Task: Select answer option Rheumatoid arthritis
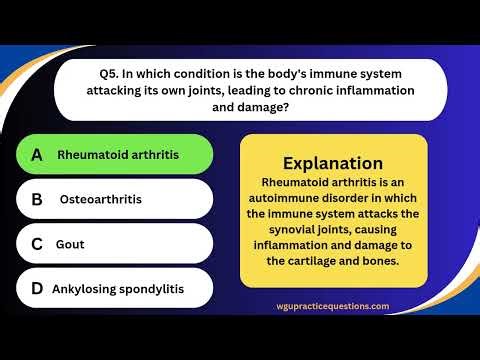coord(118,155)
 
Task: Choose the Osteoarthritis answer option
coord(101,199)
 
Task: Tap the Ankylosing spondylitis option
coord(118,288)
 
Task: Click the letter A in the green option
coord(37,155)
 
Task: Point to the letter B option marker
coord(37,199)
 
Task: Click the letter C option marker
coord(37,243)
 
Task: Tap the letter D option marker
coord(37,288)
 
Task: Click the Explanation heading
coord(333,163)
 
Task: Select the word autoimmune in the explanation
coord(290,198)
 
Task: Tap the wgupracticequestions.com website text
coord(333,307)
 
